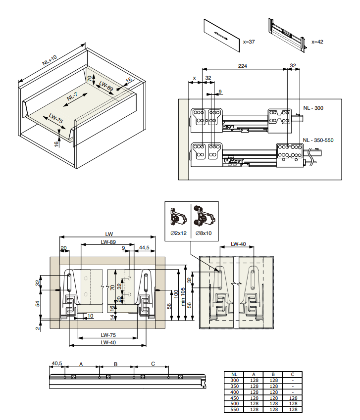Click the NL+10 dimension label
click(50, 60)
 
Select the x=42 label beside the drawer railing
click(317, 42)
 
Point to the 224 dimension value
click(243, 65)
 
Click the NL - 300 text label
click(313, 107)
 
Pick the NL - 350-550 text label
click(318, 140)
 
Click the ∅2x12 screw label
click(177, 233)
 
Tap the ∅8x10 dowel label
click(204, 233)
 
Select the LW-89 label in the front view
click(108, 242)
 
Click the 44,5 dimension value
click(145, 247)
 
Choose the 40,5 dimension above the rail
click(56, 364)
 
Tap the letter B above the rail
click(115, 364)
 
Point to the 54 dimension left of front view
click(37, 303)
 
